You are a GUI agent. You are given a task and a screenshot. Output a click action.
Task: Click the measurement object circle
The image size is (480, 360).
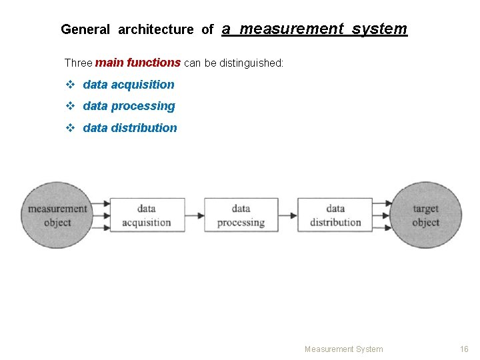pyautogui.click(x=57, y=215)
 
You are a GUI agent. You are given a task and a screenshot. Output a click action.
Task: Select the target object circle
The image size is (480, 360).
pyautogui.click(x=425, y=215)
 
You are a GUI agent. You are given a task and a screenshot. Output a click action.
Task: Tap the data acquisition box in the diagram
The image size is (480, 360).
pyautogui.click(x=147, y=215)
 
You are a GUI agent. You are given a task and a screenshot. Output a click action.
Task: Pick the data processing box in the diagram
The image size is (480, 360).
pyautogui.click(x=241, y=215)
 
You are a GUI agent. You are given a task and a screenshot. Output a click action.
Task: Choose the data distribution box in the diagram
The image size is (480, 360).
pyautogui.click(x=335, y=215)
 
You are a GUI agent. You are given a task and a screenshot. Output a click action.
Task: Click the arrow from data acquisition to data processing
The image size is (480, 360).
pyautogui.click(x=195, y=215)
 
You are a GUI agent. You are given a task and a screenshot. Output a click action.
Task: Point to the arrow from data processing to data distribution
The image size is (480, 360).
pyautogui.click(x=288, y=215)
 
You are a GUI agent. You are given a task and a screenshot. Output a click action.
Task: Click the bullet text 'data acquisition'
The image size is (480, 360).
pyautogui.click(x=128, y=85)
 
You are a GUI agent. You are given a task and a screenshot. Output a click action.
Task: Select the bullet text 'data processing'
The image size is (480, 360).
pyautogui.click(x=129, y=106)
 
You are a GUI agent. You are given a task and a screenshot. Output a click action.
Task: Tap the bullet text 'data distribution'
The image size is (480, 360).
pyautogui.click(x=130, y=128)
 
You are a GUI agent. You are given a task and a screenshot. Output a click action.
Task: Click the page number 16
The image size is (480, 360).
pyautogui.click(x=464, y=349)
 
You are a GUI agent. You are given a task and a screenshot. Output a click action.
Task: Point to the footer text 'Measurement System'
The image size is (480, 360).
pyautogui.click(x=343, y=349)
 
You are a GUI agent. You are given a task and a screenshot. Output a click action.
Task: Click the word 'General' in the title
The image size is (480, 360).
pyautogui.click(x=85, y=29)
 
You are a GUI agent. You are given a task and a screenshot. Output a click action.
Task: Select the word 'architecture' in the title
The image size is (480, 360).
pyautogui.click(x=156, y=29)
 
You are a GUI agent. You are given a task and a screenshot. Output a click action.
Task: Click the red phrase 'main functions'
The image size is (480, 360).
pyautogui.click(x=138, y=63)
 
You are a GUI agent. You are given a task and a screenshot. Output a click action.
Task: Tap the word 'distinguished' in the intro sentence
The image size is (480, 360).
pyautogui.click(x=251, y=63)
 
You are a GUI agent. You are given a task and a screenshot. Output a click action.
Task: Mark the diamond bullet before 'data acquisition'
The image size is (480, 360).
pyautogui.click(x=70, y=85)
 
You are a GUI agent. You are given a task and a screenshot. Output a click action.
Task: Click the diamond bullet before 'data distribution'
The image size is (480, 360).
pyautogui.click(x=70, y=128)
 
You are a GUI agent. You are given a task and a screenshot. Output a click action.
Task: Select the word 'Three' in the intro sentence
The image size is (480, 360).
pyautogui.click(x=78, y=63)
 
